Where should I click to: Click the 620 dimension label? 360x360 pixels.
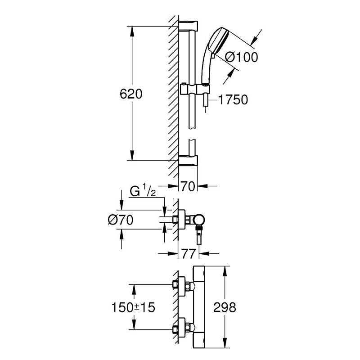[x=131, y=94]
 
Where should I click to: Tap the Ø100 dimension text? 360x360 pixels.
[x=241, y=57]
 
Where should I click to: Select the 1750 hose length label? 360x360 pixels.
[x=233, y=99]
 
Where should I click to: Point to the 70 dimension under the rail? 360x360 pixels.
[x=188, y=186]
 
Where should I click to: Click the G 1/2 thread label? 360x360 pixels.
[x=143, y=192]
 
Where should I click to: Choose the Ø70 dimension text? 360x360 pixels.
[x=121, y=220]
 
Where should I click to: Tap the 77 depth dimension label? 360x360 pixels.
[x=189, y=253]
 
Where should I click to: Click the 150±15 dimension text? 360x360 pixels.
[x=133, y=307]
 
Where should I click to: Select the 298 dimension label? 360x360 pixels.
[x=225, y=307]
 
